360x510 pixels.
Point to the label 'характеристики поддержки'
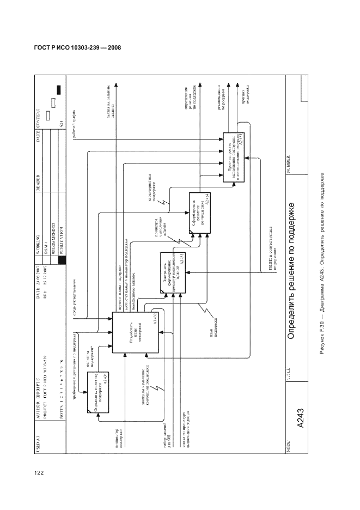(154, 192)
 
